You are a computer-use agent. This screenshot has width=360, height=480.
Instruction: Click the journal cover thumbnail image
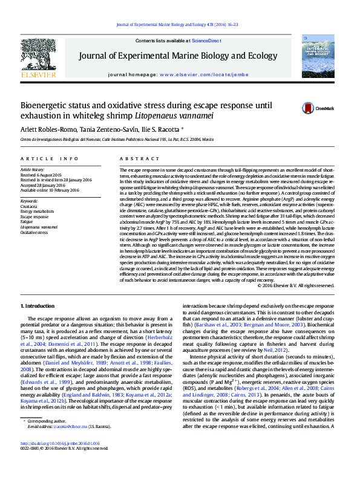coord(318,56)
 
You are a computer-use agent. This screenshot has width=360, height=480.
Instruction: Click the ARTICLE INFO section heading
coord(50,158)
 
